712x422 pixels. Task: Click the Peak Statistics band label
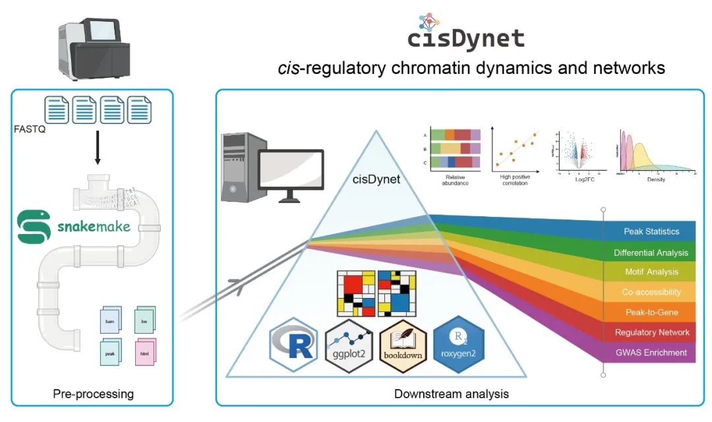click(651, 231)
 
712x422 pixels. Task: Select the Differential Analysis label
click(651, 253)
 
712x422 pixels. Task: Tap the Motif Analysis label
click(651, 272)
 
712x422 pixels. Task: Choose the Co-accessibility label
click(651, 292)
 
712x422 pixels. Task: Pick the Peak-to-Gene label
click(651, 312)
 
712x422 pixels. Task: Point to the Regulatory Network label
click(651, 332)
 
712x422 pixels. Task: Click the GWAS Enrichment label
click(651, 352)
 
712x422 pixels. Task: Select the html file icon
click(145, 353)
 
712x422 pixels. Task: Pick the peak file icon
click(109, 353)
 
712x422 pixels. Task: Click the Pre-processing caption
click(93, 394)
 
